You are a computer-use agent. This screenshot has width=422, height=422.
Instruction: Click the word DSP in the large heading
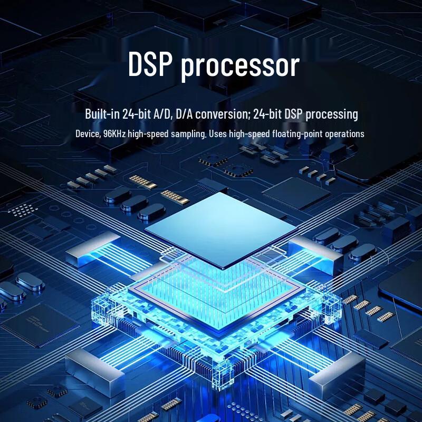(x=150, y=64)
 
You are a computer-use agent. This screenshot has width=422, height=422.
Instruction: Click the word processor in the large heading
(x=241, y=67)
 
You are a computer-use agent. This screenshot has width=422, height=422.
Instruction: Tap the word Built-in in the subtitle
(x=102, y=113)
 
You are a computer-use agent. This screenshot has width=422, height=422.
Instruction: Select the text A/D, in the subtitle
(x=163, y=114)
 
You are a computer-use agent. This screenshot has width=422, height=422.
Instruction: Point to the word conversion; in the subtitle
(x=223, y=114)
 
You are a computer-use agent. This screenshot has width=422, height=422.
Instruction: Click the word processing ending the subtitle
(x=332, y=114)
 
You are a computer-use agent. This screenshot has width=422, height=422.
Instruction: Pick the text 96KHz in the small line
(x=114, y=133)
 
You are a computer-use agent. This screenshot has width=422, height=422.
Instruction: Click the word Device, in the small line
(x=88, y=133)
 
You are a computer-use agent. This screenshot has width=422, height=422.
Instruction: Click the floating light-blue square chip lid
(x=221, y=230)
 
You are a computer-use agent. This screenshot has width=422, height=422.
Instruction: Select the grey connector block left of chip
(x=93, y=250)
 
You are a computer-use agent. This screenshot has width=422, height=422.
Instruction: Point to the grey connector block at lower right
(x=337, y=377)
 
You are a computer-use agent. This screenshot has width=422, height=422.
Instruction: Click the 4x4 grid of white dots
(x=22, y=210)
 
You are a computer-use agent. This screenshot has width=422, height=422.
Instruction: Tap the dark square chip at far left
(x=41, y=325)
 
